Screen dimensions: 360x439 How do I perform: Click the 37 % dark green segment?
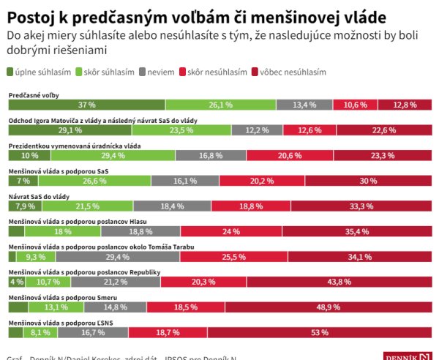coord(86,105)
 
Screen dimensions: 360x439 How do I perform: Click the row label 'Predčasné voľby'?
coord(34,95)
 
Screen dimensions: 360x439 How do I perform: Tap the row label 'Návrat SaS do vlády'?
coord(39,197)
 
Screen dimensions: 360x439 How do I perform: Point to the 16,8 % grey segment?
coord(211,156)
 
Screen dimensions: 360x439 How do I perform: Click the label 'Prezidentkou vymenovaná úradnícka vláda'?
coord(74,146)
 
